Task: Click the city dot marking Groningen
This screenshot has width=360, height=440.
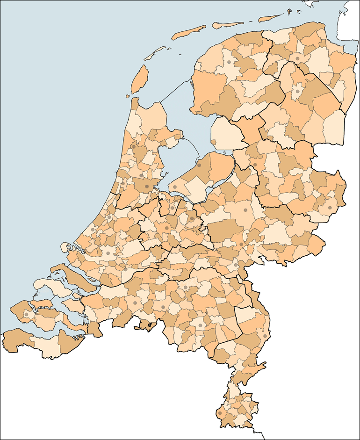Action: pos(297,59)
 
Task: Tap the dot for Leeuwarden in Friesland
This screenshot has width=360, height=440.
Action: pos(229,62)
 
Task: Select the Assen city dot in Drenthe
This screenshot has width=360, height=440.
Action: pos(297,92)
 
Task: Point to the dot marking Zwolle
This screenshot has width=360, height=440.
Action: pos(255,165)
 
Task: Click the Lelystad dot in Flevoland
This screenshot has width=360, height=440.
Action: pos(199,165)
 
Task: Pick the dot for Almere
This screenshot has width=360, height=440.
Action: pos(175,187)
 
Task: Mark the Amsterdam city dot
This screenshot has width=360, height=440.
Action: pos(146,186)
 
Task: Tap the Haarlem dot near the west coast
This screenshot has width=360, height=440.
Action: pos(122,184)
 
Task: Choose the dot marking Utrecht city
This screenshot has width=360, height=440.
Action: pos(166,228)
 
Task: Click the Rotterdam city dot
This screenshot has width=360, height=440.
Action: pos(108,253)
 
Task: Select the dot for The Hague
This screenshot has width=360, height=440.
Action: pos(94,229)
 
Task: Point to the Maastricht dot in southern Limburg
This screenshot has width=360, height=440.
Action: pos(220,413)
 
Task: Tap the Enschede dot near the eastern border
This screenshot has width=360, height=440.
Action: pos(330,208)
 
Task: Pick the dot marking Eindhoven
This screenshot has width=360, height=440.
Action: pos(200,325)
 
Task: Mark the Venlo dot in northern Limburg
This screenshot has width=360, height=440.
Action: pos(265,336)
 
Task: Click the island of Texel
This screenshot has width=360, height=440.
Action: pos(139,78)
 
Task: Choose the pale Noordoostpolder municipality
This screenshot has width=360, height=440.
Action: pos(228,133)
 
